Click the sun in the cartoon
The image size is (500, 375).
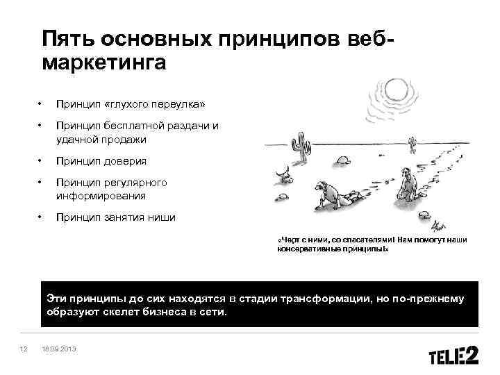tap(399, 90)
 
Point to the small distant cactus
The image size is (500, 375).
tap(412, 144)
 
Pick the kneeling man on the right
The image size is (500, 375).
tap(408, 184)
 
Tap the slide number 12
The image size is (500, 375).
tap(23, 349)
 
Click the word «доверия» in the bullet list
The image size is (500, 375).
tap(126, 161)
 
